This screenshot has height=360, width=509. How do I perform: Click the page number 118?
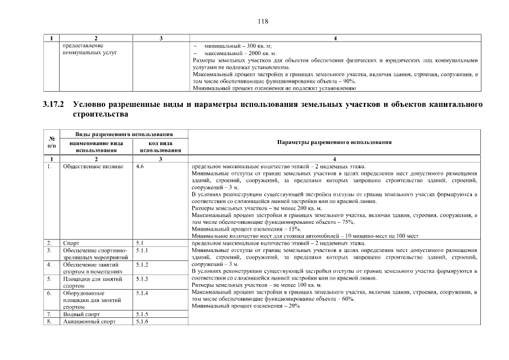click(x=263, y=21)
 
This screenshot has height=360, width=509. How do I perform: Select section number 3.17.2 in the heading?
click(x=53, y=105)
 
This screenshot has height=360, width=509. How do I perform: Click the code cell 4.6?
click(x=141, y=166)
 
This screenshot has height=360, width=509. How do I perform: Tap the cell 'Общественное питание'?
click(x=89, y=166)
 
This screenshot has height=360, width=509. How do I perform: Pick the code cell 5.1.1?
click(x=142, y=250)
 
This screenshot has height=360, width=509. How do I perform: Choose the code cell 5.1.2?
click(x=142, y=264)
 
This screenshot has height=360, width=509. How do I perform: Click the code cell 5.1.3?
click(x=142, y=278)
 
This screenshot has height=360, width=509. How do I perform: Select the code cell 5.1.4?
click(x=142, y=293)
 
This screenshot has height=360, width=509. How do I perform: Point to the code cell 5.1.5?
click(x=142, y=314)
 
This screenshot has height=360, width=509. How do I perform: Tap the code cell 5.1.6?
click(x=142, y=322)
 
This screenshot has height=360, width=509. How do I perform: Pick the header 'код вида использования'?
click(x=160, y=147)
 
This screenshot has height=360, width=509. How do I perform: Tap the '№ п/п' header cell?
click(x=51, y=143)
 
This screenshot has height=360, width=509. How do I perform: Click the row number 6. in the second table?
click(x=50, y=293)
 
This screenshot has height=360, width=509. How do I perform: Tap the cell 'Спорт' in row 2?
click(x=71, y=243)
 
